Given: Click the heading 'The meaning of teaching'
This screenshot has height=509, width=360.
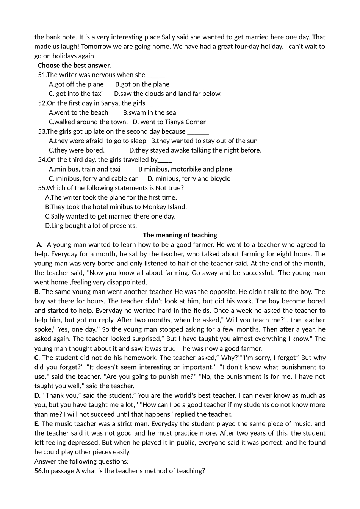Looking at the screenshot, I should click(x=180, y=235).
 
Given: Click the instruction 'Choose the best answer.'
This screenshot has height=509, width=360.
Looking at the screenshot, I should click(x=74, y=66).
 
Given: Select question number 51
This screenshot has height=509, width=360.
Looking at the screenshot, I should click(x=42, y=75).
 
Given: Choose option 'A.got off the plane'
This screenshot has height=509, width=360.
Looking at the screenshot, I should click(x=76, y=84).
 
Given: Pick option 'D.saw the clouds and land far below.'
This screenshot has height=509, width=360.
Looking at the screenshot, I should click(x=168, y=94).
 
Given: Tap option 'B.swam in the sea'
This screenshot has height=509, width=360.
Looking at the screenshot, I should click(x=149, y=112).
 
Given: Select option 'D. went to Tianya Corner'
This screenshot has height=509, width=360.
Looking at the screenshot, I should click(x=169, y=122).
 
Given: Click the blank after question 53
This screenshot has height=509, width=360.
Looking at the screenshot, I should click(x=198, y=132).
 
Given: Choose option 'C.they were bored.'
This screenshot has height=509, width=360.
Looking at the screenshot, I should click(x=77, y=150).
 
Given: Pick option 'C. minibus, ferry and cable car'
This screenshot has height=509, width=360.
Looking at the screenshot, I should click(x=93, y=179).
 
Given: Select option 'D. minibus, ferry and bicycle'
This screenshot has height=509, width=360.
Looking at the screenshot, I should click(x=189, y=179).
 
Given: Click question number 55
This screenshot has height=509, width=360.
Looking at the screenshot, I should click(x=42, y=188).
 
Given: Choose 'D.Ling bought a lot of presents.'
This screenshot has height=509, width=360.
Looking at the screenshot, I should click(x=91, y=226).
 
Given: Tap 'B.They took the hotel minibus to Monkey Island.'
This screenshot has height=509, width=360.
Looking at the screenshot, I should click(x=116, y=207).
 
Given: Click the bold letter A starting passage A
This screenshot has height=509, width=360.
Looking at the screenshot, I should click(x=39, y=245).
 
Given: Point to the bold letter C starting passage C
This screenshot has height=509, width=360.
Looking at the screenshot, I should click(x=36, y=358).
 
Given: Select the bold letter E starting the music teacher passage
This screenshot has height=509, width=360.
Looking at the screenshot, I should click(x=36, y=424).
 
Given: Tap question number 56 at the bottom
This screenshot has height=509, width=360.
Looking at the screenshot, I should click(x=38, y=471).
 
